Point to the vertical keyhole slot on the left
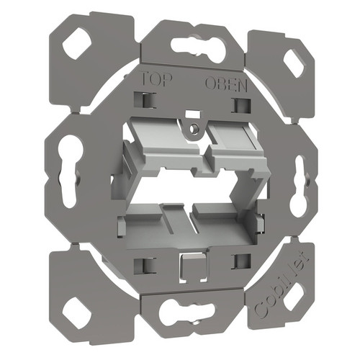click(71, 174)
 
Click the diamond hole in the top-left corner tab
click(76, 44)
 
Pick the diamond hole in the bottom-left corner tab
click(75, 311)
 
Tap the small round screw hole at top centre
click(192, 130)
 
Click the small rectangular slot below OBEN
click(237, 105)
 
